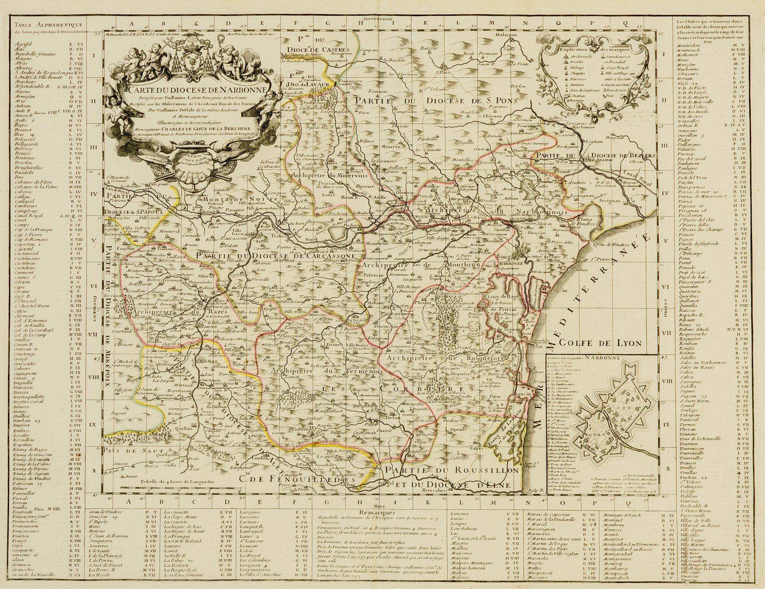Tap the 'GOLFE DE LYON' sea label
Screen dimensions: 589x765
[x=599, y=343]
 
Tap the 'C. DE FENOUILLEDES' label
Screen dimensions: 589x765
[x=296, y=478]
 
